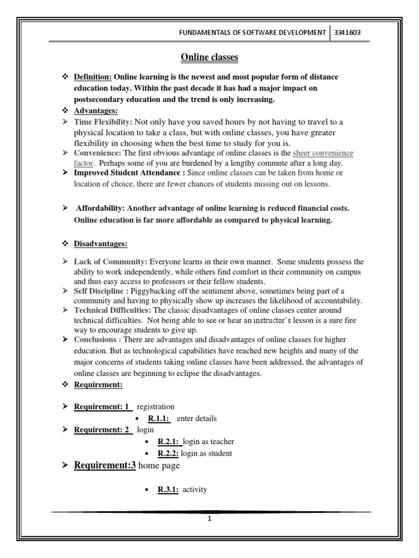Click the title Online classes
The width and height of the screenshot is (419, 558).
click(209, 57)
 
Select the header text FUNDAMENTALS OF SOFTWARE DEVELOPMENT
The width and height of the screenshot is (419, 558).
click(252, 33)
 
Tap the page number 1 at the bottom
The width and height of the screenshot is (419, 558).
click(209, 518)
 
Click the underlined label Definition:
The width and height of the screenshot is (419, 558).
click(93, 77)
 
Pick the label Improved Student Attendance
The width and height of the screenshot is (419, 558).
click(125, 173)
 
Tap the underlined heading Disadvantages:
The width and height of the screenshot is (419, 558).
click(100, 244)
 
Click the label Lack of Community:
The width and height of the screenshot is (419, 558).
click(111, 262)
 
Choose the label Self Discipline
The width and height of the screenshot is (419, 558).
click(100, 292)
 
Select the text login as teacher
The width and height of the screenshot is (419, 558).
click(208, 441)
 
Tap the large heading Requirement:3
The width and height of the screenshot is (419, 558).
click(104, 466)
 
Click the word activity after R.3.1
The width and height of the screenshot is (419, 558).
click(195, 490)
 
